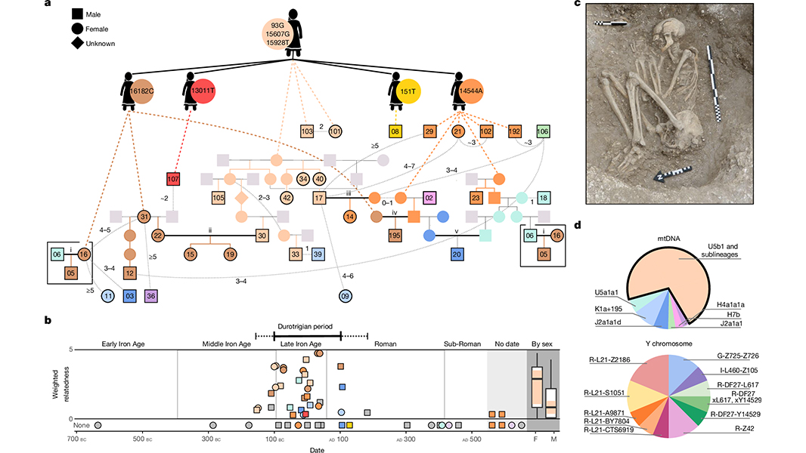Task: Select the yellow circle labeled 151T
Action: tap(408, 91)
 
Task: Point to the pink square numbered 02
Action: tap(428, 198)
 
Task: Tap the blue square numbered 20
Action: tap(457, 253)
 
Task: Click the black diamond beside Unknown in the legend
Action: tap(77, 43)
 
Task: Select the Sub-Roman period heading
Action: tap(462, 345)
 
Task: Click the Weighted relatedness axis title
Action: tap(64, 385)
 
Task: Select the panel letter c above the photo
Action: tap(577, 5)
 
